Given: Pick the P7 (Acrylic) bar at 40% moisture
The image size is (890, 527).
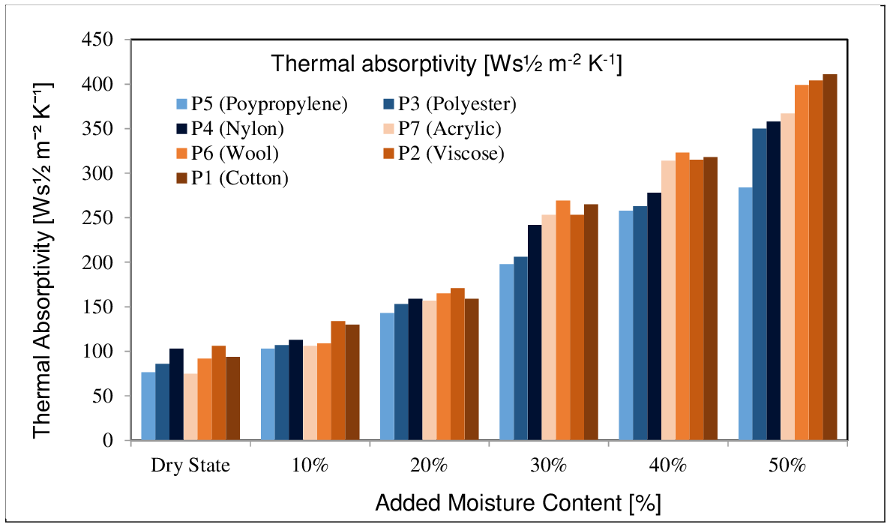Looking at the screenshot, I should (x=668, y=300).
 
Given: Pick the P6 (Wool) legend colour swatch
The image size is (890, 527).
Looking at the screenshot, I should (x=181, y=154).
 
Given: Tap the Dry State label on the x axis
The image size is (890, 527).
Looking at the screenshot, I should (x=190, y=465).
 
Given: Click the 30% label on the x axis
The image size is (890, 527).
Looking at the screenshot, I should (x=549, y=465).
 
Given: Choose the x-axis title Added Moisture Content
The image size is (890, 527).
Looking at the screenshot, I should (x=517, y=502).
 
